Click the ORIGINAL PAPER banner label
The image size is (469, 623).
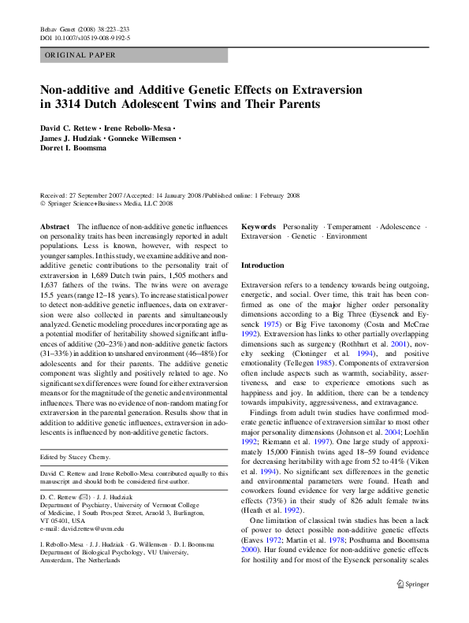coord(80,55)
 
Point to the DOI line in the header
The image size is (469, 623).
coord(84,37)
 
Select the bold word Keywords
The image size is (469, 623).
coord(259,226)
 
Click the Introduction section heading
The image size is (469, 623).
coord(262,266)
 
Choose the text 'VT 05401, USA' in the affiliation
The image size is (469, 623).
coord(63,521)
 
